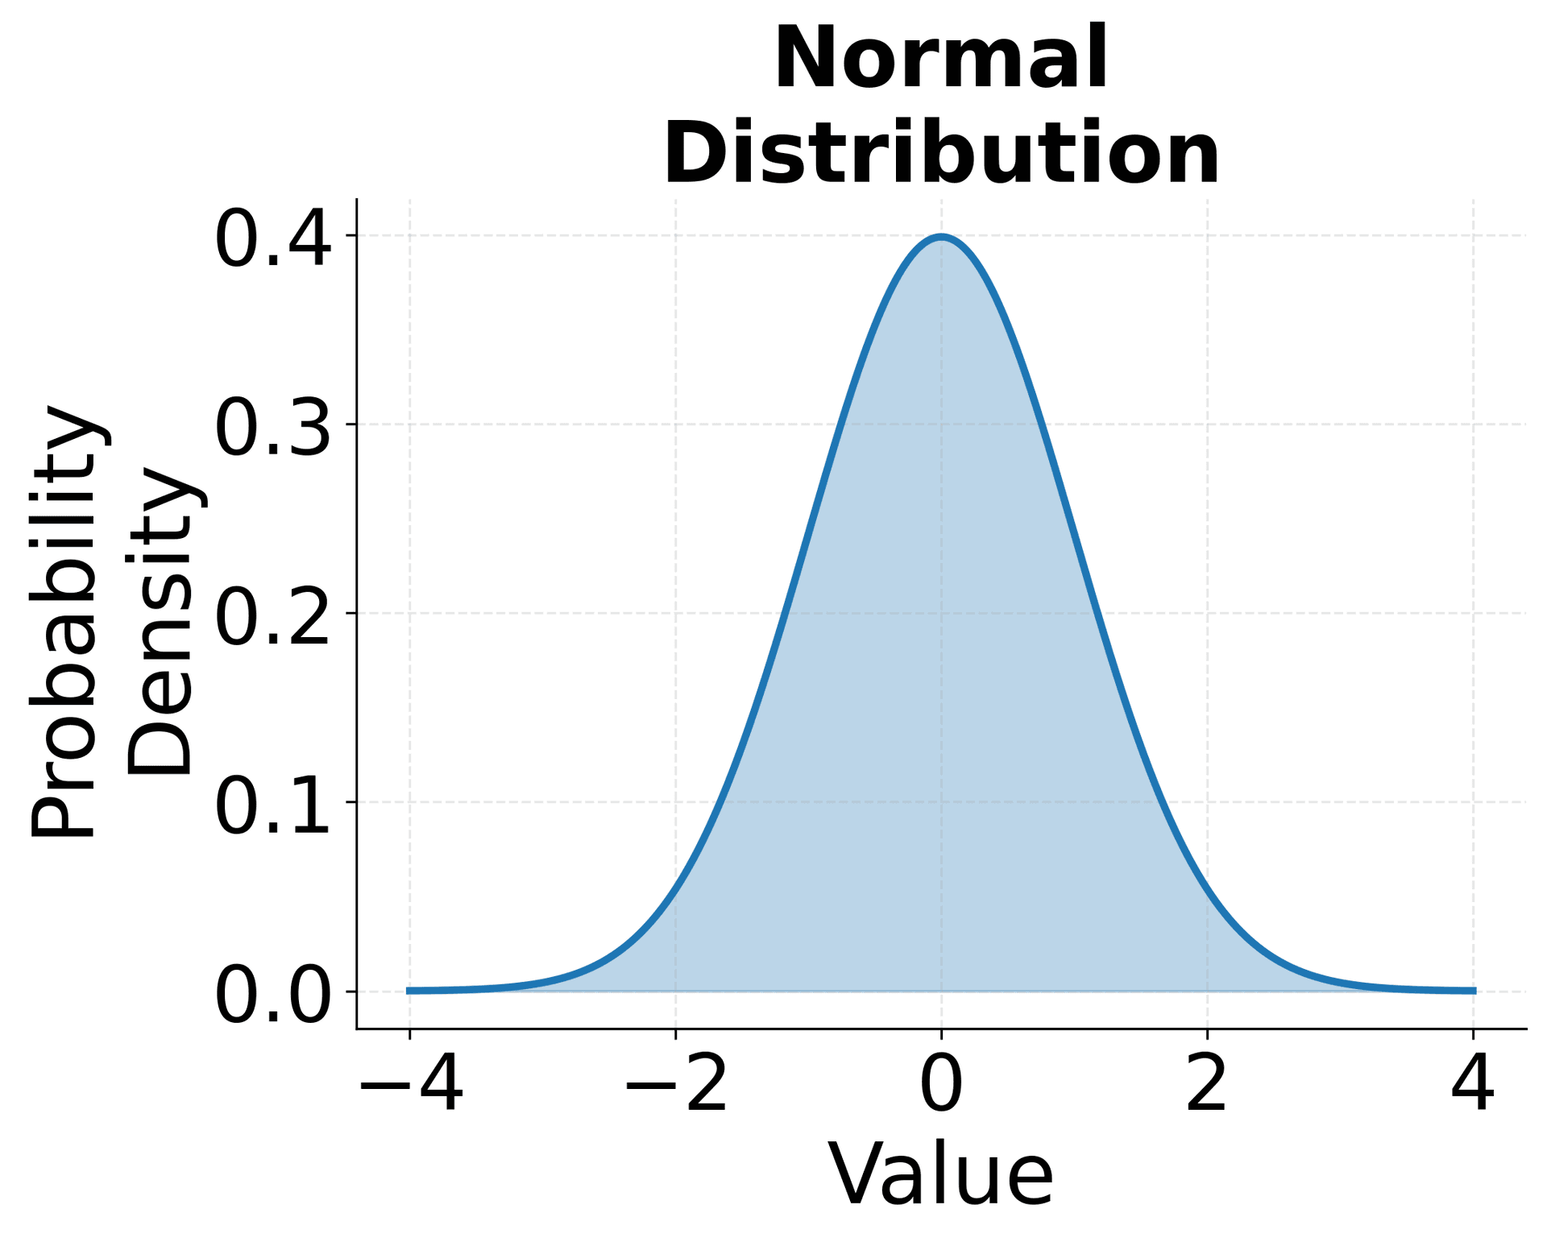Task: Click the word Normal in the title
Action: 941,59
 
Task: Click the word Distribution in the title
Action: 941,154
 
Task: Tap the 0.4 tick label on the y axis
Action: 272,239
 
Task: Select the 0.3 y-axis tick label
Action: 272,428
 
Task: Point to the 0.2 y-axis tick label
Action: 272,617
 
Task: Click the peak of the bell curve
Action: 941,236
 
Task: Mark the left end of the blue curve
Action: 409,991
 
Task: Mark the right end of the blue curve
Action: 1474,991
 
